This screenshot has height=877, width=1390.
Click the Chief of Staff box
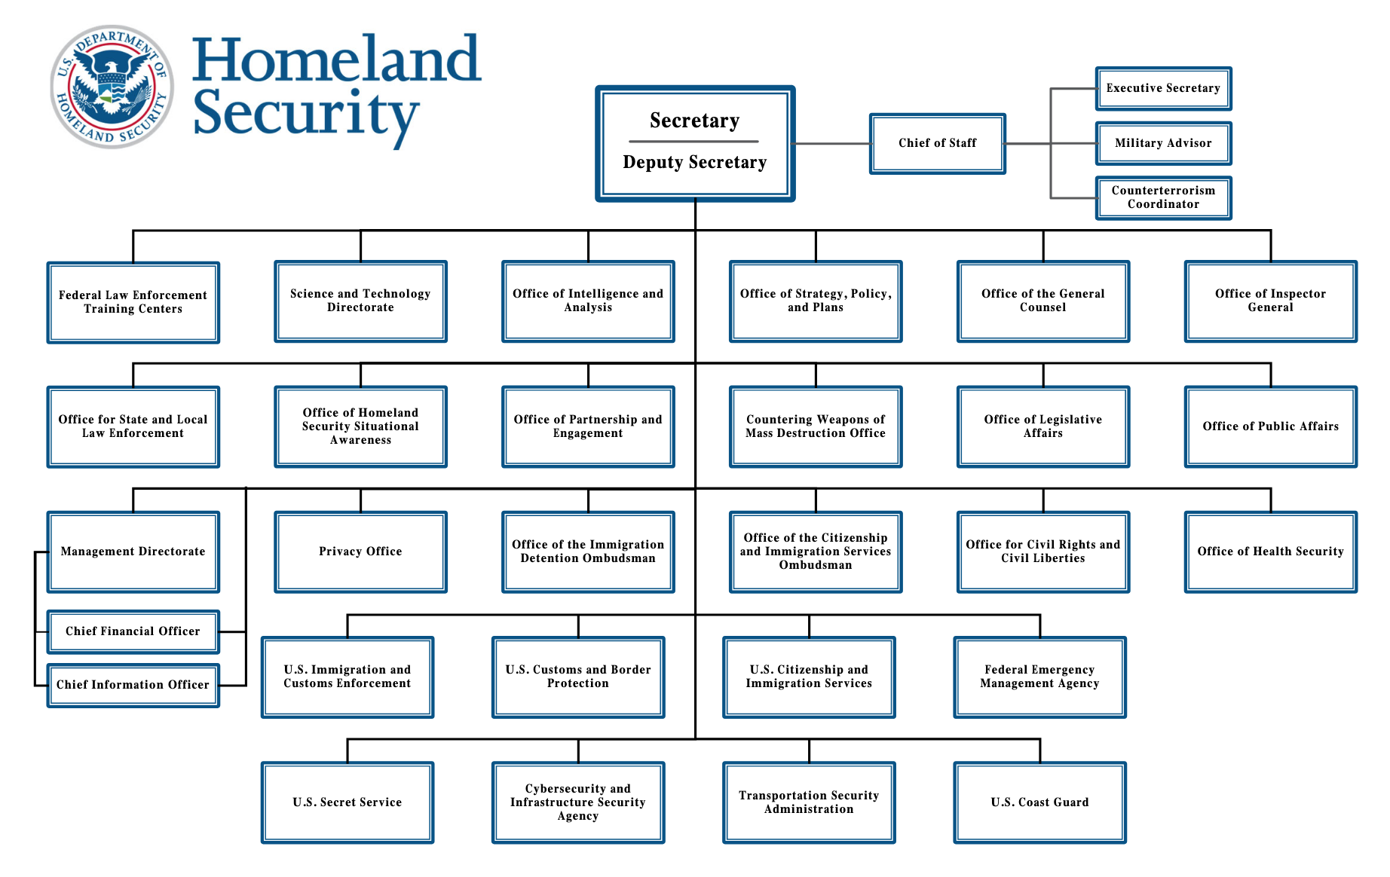click(x=937, y=143)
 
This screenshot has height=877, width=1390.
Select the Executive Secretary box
click(x=1163, y=88)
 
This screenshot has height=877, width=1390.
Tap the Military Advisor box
click(x=1163, y=143)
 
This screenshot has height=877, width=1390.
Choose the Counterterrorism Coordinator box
click(x=1163, y=197)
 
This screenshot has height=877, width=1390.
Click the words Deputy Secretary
click(x=694, y=163)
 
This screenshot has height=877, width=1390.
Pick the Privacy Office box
click(x=360, y=552)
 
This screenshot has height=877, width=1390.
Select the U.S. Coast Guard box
click(x=1039, y=802)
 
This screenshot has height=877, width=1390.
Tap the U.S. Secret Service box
click(x=347, y=802)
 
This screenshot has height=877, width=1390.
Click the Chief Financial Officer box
click(x=133, y=631)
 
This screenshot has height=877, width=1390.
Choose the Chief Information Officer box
click(x=133, y=685)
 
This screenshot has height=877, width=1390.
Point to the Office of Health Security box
click(x=1270, y=552)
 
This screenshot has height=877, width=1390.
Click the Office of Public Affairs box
click(x=1270, y=426)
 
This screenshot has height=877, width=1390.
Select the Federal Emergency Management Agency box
click(x=1039, y=677)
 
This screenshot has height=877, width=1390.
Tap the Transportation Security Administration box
click(x=809, y=802)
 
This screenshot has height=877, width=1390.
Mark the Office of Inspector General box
click(x=1270, y=301)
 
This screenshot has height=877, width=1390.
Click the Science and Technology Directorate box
click(x=360, y=301)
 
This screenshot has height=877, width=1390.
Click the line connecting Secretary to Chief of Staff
click(x=832, y=143)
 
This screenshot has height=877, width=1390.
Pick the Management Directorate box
click(x=133, y=552)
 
